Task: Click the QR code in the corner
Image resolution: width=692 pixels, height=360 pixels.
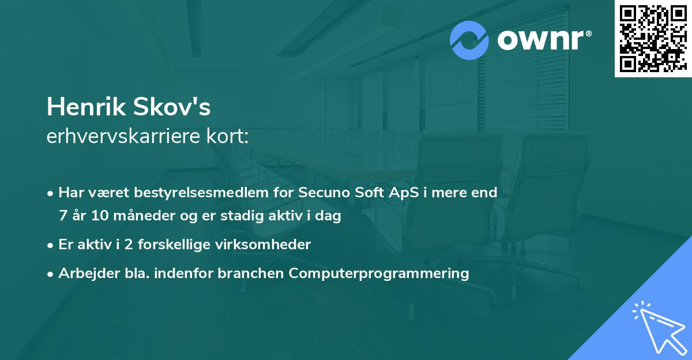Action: click(x=653, y=39)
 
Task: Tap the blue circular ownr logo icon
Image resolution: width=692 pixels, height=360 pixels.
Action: click(x=469, y=40)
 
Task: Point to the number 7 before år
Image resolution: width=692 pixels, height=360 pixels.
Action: click(x=62, y=216)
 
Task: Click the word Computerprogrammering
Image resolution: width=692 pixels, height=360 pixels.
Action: click(x=379, y=273)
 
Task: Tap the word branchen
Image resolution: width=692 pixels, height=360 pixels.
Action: click(x=250, y=273)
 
